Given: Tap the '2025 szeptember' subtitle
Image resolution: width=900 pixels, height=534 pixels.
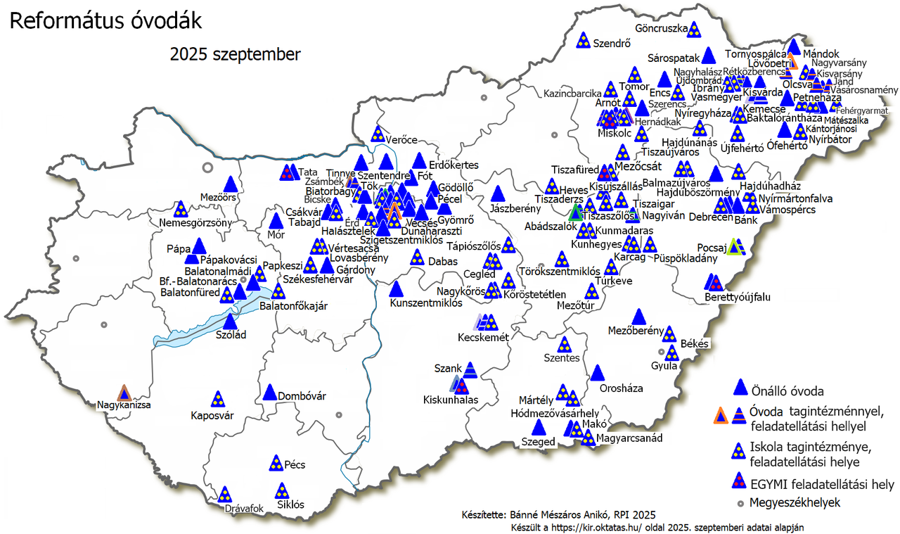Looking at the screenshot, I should (235, 54).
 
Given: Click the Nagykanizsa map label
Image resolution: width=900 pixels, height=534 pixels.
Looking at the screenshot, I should (124, 405).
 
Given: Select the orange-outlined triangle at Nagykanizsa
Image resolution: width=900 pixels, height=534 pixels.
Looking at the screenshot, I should (124, 394).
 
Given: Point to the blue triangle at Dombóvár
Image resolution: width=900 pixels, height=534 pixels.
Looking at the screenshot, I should (269, 393).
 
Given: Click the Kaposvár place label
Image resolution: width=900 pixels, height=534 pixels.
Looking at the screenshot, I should (212, 415).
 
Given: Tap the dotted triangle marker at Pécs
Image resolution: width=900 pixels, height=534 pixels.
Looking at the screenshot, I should (276, 463).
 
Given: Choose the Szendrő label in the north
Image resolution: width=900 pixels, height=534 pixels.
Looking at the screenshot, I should (610, 42).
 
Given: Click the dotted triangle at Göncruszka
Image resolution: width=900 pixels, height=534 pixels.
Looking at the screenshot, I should (694, 30).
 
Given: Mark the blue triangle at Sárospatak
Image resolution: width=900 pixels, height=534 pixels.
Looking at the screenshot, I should (708, 55).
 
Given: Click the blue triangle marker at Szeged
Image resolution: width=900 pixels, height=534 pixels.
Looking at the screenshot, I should (539, 427).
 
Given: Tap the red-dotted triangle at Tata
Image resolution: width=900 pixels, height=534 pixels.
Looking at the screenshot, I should (287, 172).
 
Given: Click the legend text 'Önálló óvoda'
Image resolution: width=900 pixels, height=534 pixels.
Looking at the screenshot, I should (787, 390).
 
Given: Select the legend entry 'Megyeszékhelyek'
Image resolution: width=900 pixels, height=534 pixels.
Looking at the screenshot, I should (795, 502).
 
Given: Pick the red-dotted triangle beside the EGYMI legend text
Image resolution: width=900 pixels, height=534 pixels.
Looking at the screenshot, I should (738, 481).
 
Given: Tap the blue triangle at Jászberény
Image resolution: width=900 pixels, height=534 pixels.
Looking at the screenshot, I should (498, 193).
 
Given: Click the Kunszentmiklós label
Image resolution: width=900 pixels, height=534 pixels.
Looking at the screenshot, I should (425, 303).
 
